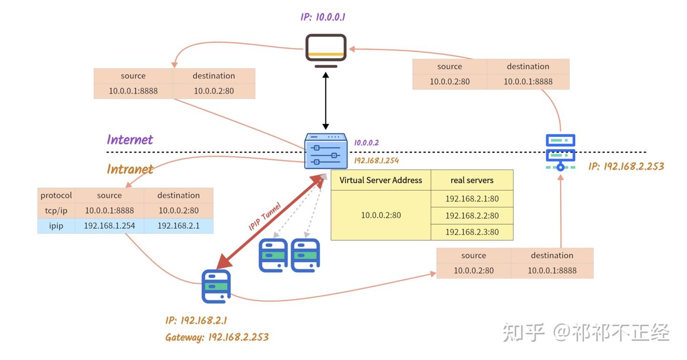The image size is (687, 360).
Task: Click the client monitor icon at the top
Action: tap(326, 51)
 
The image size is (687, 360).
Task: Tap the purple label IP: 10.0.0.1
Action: tap(323, 17)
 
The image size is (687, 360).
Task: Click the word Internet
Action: tap(130, 140)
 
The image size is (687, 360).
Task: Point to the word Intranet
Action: tap(130, 169)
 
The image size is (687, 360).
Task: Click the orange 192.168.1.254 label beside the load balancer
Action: tap(376, 161)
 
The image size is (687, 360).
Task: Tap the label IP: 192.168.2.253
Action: tap(626, 166)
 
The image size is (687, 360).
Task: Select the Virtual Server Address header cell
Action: tap(381, 180)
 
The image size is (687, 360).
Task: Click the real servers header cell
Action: tap(472, 180)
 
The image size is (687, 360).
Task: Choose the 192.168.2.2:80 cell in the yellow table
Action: tap(472, 216)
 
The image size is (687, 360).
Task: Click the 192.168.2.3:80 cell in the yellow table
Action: tap(472, 232)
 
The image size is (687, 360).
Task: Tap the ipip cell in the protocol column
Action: tap(56, 226)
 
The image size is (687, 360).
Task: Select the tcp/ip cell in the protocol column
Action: tap(56, 210)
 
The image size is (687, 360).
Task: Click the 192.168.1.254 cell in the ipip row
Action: tap(109, 226)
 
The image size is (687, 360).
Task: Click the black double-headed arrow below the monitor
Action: tap(326, 101)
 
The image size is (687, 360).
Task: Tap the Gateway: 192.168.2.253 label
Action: tap(217, 338)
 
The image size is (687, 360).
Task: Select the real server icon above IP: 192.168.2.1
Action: tap(216, 286)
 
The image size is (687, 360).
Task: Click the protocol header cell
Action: tap(56, 195)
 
